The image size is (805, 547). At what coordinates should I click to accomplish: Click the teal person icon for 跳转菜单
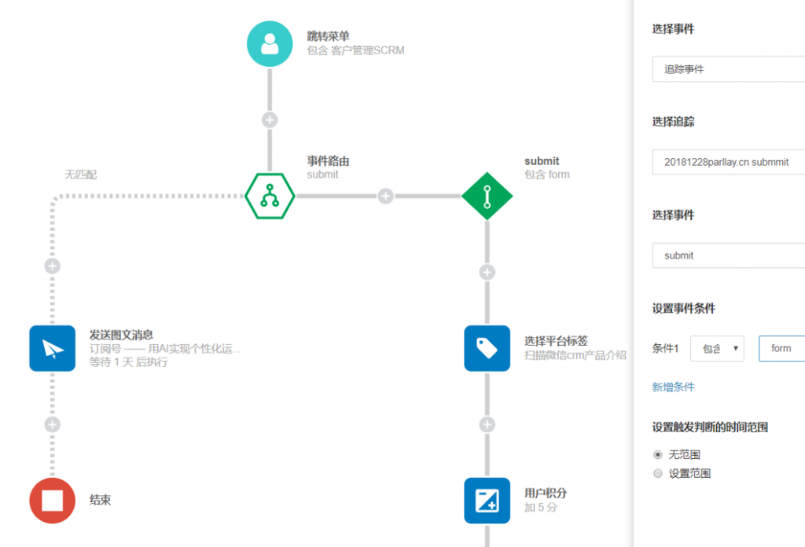[270, 44]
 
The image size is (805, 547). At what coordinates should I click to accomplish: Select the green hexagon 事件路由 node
[270, 195]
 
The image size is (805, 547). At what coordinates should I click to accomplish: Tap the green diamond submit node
[487, 195]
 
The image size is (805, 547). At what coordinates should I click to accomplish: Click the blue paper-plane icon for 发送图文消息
[52, 348]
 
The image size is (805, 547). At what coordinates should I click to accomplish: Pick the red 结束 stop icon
[52, 500]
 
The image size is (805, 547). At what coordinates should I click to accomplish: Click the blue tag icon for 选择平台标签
[487, 348]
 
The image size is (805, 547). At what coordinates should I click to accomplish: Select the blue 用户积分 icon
[487, 500]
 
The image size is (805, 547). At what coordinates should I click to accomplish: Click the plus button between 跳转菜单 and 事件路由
[270, 120]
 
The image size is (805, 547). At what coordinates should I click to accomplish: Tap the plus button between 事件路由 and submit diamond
[385, 196]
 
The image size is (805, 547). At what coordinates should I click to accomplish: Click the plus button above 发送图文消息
[53, 266]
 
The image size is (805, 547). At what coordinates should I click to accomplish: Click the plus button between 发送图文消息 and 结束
[53, 424]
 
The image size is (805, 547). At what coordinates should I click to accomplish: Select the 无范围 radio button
[658, 454]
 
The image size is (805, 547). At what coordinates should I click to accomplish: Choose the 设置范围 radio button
[658, 473]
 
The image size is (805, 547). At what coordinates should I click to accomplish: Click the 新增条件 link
[673, 387]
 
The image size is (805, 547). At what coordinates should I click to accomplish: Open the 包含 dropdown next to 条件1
[717, 348]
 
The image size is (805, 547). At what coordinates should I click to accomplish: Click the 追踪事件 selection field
[728, 69]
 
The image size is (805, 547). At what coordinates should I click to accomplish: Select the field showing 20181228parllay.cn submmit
[728, 162]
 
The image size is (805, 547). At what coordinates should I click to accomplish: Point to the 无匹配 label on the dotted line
[81, 174]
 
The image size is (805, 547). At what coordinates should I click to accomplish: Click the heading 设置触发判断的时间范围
[710, 428]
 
